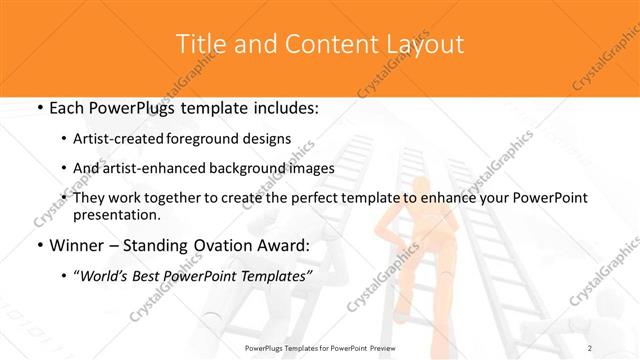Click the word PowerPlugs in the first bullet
click(x=133, y=107)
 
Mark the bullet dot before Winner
click(x=38, y=246)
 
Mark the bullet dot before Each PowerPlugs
click(x=38, y=107)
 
